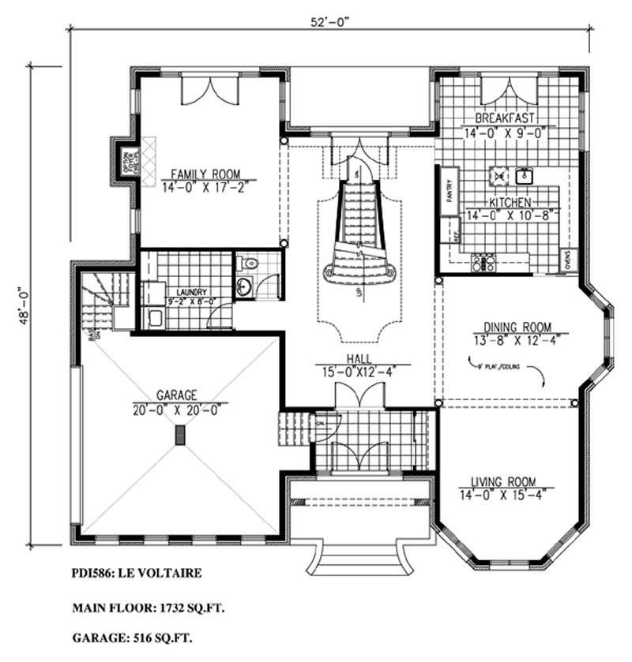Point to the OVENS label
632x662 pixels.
coord(568,258)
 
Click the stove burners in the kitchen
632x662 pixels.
coord(483,260)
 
